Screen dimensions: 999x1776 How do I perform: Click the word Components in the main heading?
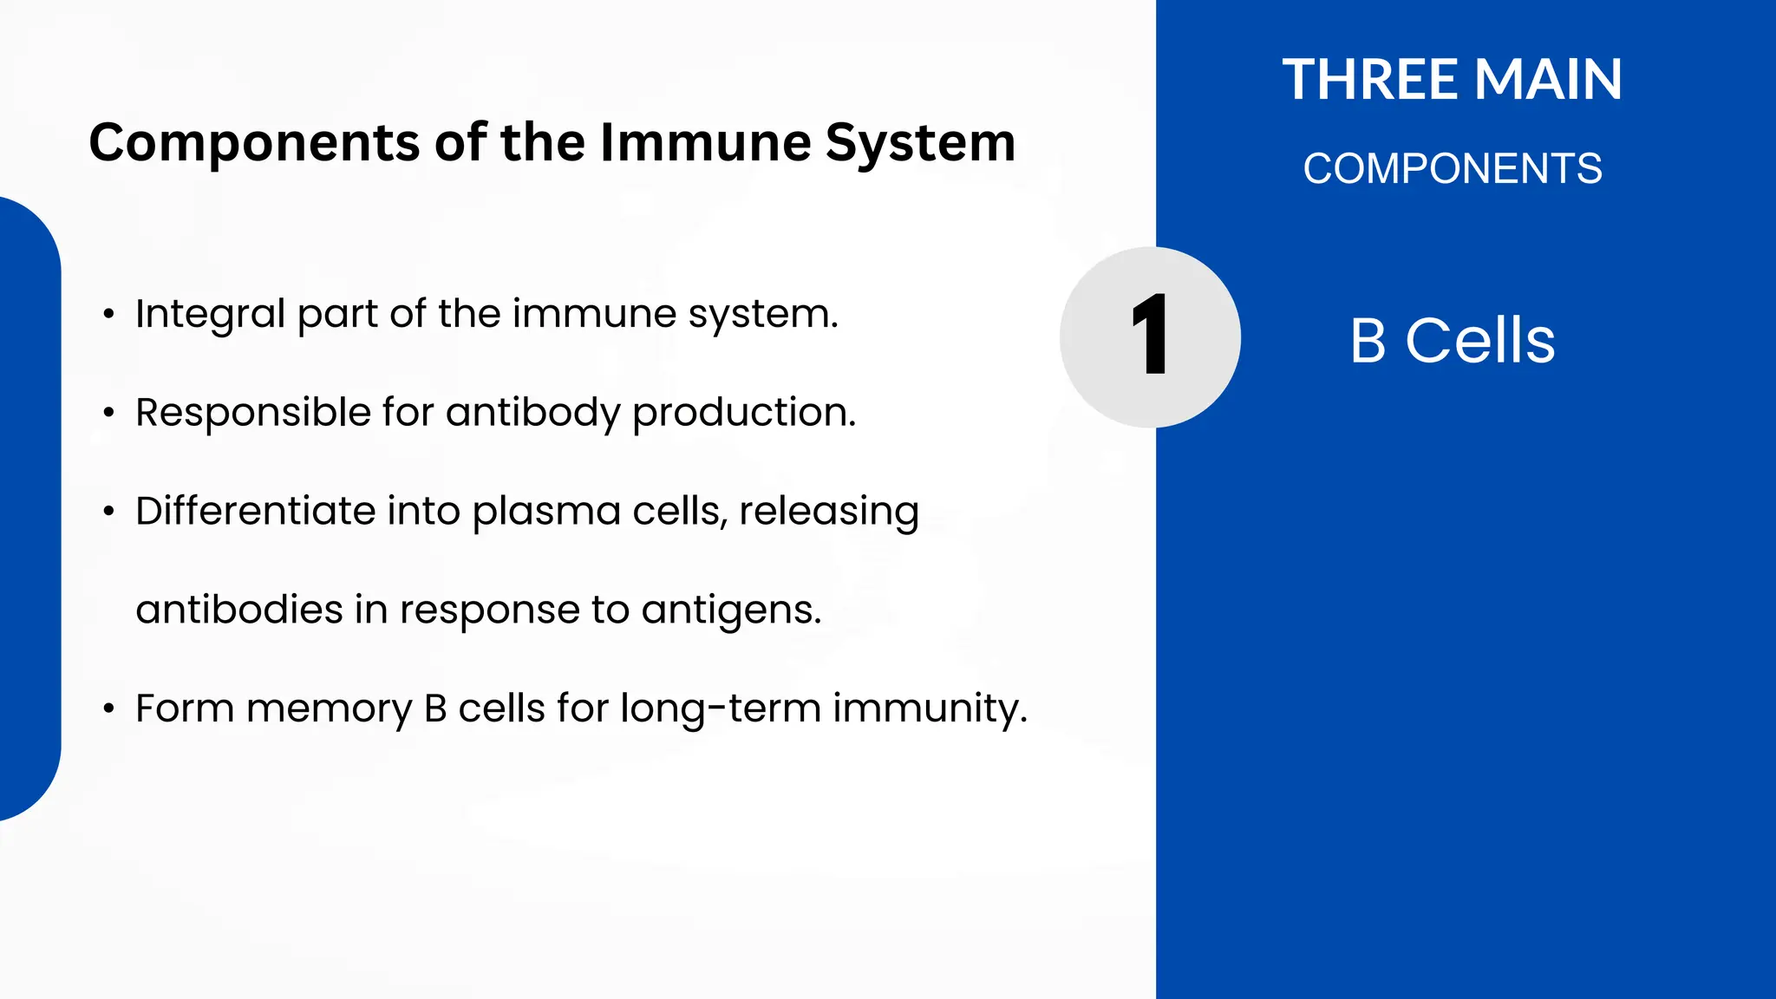pos(254,143)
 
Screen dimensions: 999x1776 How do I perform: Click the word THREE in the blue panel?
pos(1371,80)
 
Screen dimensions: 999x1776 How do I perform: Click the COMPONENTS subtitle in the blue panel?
pos(1453,168)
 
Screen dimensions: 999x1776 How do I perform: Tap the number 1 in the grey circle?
pos(1150,336)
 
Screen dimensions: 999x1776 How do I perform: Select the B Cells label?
pos(1453,340)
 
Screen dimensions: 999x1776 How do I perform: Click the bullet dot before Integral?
pos(108,315)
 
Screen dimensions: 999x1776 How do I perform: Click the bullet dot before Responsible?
pos(108,414)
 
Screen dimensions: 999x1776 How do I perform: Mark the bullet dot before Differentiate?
pos(108,512)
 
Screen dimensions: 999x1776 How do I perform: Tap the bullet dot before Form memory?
pos(108,709)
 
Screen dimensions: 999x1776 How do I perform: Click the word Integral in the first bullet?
pos(210,314)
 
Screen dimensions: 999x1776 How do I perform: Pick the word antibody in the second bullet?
pos(532,413)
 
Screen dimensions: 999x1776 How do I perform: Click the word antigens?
pos(731,610)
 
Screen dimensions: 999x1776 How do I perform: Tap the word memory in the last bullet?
pos(329,709)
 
